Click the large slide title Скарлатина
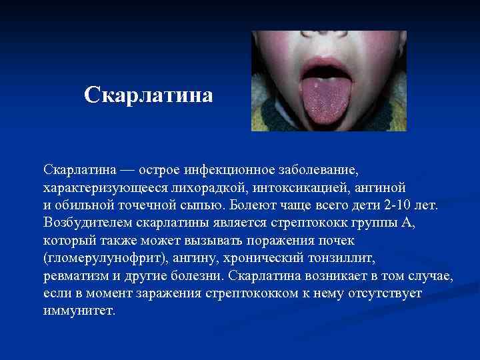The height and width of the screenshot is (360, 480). click(149, 95)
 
